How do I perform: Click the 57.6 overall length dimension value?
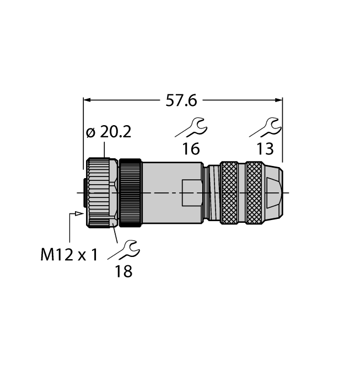pos(182,100)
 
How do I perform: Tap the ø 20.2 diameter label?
pos(110,132)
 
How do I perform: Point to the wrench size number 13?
pos(265,149)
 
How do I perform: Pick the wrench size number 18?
pos(124,271)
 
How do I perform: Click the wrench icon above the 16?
pos(191,127)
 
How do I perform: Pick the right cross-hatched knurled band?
pos(254,192)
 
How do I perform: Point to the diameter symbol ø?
pos(91,133)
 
